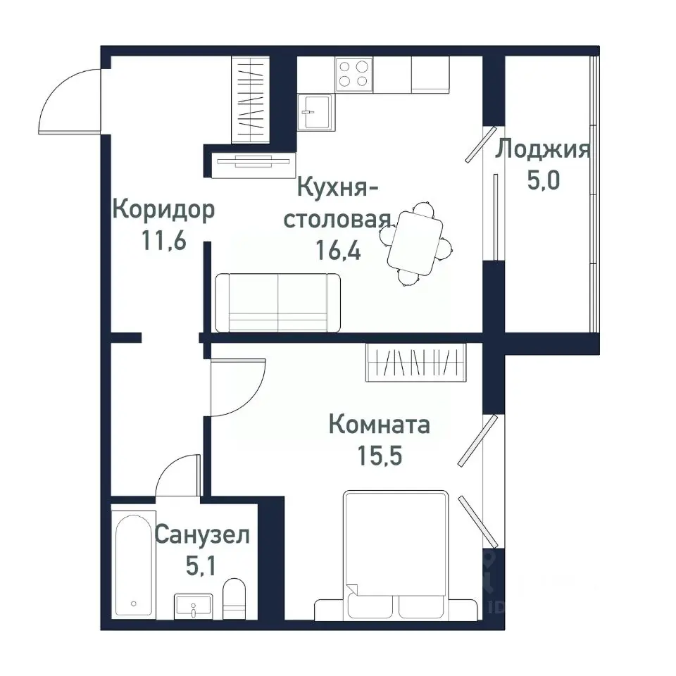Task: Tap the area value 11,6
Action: pyautogui.click(x=164, y=242)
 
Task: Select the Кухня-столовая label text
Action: pyautogui.click(x=337, y=204)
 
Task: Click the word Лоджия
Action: pyautogui.click(x=542, y=150)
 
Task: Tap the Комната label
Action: pyautogui.click(x=380, y=425)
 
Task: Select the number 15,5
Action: pyautogui.click(x=380, y=456)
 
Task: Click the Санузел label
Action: pyautogui.click(x=202, y=535)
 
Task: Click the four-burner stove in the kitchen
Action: pyautogui.click(x=354, y=73)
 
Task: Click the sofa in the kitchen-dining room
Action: pyautogui.click(x=277, y=303)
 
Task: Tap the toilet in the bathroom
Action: pyautogui.click(x=233, y=599)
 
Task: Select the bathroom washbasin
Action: pyautogui.click(x=193, y=606)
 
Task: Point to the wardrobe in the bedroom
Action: pyautogui.click(x=416, y=362)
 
